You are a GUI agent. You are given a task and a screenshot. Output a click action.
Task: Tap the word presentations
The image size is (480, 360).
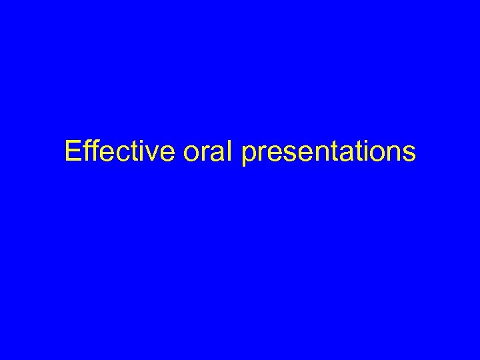click(329, 153)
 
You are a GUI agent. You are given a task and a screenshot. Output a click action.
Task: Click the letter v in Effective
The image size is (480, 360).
click(153, 154)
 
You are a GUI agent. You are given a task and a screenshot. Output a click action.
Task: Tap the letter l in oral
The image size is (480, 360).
click(231, 152)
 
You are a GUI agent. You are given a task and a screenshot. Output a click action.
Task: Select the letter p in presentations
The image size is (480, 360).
click(250, 156)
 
